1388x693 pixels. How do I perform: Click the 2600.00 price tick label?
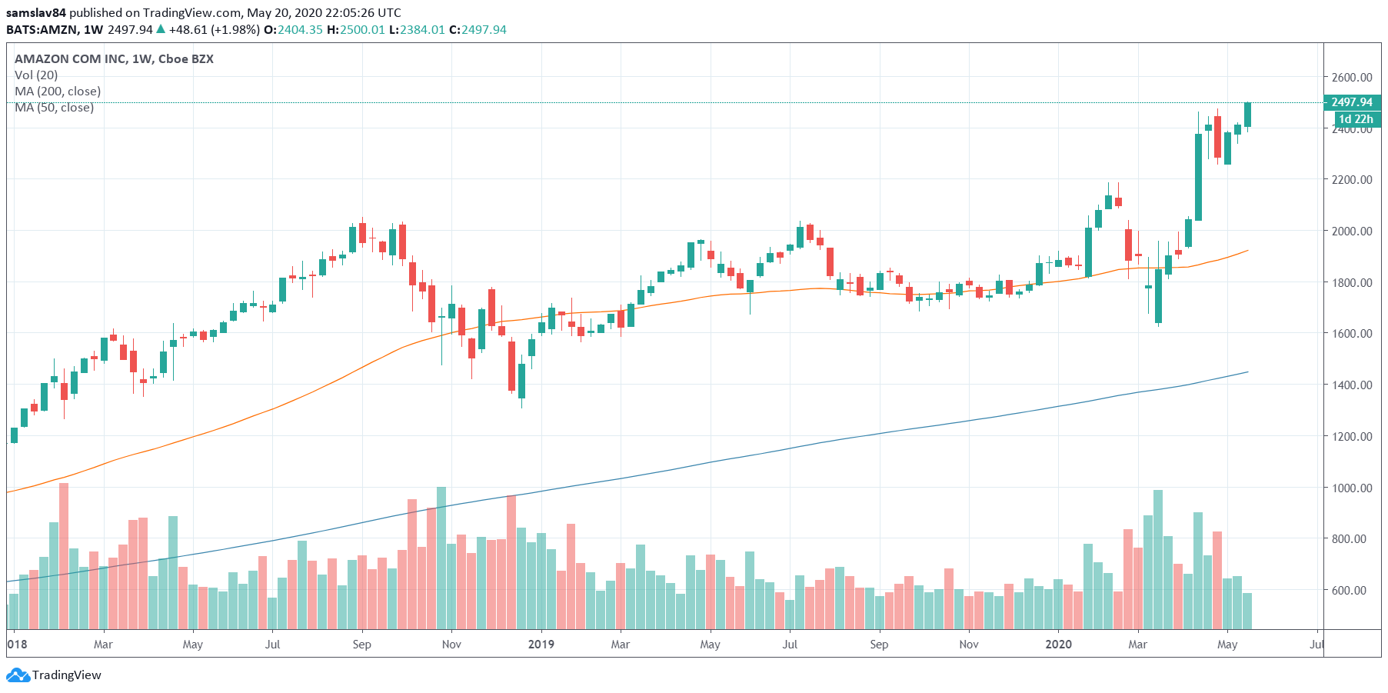pyautogui.click(x=1351, y=77)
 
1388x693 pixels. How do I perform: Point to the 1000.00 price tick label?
pyautogui.click(x=1351, y=488)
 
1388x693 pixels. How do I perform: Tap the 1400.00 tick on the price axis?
pyautogui.click(x=1351, y=385)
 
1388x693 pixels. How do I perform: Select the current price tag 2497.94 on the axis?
pyautogui.click(x=1351, y=102)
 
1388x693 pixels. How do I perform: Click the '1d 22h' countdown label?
pyautogui.click(x=1355, y=119)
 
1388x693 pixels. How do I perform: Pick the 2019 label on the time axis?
pyautogui.click(x=541, y=645)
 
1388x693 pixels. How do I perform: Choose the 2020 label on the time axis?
pyautogui.click(x=1059, y=645)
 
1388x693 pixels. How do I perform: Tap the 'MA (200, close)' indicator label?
pyautogui.click(x=58, y=92)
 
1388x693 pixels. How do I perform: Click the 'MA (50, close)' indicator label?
pyautogui.click(x=54, y=108)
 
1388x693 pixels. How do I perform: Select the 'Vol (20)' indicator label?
pyautogui.click(x=36, y=75)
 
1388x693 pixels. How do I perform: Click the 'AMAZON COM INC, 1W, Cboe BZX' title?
pyautogui.click(x=114, y=59)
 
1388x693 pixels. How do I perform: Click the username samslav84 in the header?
pyautogui.click(x=36, y=13)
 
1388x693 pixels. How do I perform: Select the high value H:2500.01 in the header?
pyautogui.click(x=356, y=30)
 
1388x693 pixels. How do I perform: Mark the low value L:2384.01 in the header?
pyautogui.click(x=417, y=30)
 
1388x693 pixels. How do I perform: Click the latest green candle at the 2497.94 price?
pyautogui.click(x=1247, y=115)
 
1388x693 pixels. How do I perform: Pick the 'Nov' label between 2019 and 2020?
pyautogui.click(x=969, y=645)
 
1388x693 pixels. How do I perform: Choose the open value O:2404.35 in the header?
pyautogui.click(x=293, y=30)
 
